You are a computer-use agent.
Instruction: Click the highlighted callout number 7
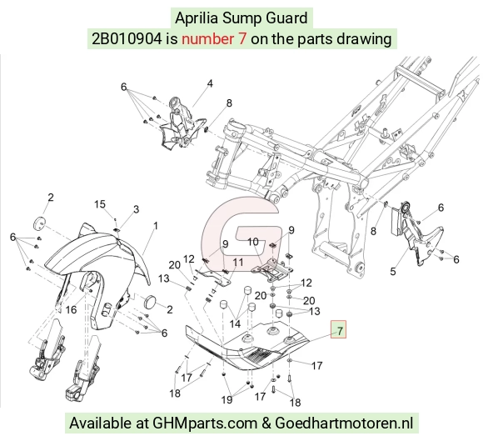[x=339, y=329]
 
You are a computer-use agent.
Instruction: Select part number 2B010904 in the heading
[x=127, y=39]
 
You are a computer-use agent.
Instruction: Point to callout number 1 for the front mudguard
[x=156, y=226]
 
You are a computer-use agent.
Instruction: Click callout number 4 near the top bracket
[x=210, y=83]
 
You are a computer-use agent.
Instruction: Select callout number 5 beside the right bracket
[x=393, y=272]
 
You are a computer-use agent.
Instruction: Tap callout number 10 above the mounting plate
[x=253, y=242]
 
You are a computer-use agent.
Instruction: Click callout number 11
[x=238, y=262]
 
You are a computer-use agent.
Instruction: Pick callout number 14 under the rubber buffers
[x=235, y=323]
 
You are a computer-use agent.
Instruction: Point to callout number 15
[x=100, y=204]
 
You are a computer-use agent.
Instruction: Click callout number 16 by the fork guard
[x=71, y=309]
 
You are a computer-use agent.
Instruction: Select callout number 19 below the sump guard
[x=227, y=399]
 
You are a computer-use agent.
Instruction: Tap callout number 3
[x=136, y=209]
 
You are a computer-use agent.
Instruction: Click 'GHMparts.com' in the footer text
[x=205, y=423]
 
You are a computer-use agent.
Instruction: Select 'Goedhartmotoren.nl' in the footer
[x=344, y=423]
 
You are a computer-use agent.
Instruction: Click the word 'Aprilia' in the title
[x=197, y=18]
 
